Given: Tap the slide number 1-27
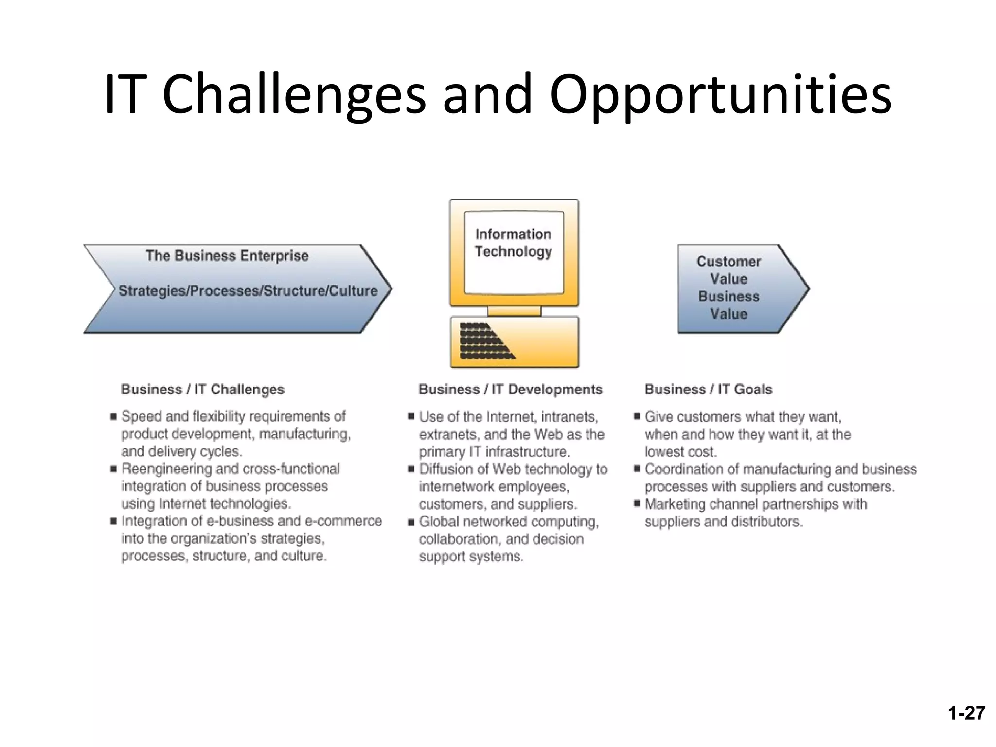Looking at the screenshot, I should (966, 713).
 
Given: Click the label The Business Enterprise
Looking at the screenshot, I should (227, 256).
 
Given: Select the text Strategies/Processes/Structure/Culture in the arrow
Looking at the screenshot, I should (248, 291).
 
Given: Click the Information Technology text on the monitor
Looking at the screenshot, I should (514, 243).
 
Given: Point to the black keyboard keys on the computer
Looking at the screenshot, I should (484, 341).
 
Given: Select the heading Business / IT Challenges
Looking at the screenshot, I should (202, 390).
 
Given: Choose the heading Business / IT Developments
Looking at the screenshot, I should (510, 390).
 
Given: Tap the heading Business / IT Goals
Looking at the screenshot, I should (708, 390).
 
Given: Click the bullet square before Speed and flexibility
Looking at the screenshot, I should (113, 416).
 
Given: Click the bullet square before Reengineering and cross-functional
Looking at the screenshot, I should (113, 469).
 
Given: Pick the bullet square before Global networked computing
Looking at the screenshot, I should (411, 522).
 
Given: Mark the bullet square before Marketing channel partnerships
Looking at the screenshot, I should (637, 504).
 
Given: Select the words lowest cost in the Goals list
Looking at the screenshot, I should (680, 452).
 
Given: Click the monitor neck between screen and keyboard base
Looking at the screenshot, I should (514, 311).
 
